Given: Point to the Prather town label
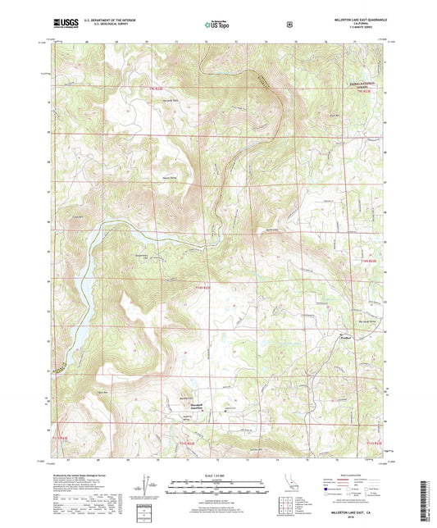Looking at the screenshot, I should point(348,335).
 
